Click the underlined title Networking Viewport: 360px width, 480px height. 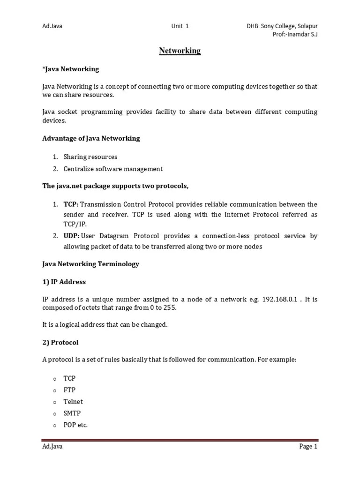[180, 51]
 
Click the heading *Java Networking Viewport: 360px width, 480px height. [70, 69]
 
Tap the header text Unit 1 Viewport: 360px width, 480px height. [180, 26]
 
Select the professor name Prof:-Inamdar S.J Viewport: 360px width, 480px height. [294, 35]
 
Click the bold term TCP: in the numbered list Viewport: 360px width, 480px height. [72, 204]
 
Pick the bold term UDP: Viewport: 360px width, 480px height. [72, 236]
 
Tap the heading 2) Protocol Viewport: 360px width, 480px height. [60, 342]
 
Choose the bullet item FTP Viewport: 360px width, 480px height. [69, 390]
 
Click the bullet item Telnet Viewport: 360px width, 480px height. [73, 402]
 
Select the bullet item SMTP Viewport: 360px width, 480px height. [71, 413]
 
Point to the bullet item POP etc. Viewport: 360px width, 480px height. [75, 425]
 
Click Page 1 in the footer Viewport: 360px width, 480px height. [308, 447]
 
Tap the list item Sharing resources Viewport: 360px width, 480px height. [90, 157]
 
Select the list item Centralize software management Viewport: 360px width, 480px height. [113, 169]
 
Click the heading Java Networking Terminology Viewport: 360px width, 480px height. [90, 264]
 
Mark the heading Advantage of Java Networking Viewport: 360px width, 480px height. [91, 138]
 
